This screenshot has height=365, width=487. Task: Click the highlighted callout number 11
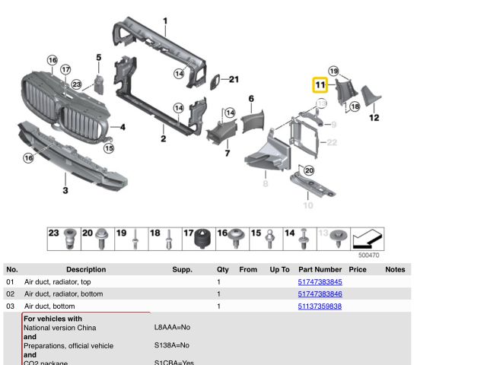(320, 85)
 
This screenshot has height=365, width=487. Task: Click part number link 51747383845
(320, 282)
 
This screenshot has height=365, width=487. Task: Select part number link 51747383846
(320, 294)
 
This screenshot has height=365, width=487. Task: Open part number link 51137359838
(320, 306)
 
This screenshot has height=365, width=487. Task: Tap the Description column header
(86, 269)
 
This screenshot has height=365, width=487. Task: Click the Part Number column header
(320, 269)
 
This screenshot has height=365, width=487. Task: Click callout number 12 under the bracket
(374, 118)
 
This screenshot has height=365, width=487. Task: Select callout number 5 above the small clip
(98, 57)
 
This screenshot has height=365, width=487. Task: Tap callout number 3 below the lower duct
(65, 189)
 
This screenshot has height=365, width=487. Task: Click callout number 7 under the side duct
(227, 154)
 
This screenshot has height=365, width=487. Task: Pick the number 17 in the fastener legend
(189, 233)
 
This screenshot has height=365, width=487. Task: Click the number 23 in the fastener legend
(53, 233)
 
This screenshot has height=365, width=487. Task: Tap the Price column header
(358, 269)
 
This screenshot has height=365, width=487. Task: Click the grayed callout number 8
(266, 184)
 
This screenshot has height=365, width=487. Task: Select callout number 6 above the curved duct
(251, 98)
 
